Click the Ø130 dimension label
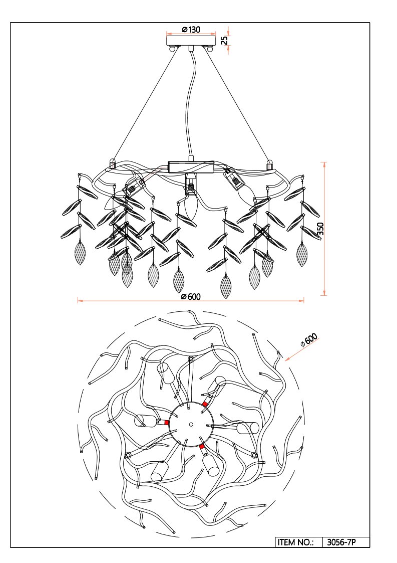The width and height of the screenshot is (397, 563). click(x=191, y=30)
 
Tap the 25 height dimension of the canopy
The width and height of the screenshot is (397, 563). click(x=224, y=40)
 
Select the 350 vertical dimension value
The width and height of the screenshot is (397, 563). click(x=320, y=229)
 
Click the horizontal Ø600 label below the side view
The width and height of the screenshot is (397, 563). click(x=191, y=297)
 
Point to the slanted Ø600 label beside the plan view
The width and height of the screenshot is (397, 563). click(x=309, y=340)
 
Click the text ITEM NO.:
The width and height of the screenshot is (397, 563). click(x=295, y=542)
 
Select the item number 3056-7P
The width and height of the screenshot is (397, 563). click(x=341, y=542)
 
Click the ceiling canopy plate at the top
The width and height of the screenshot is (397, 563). click(x=191, y=40)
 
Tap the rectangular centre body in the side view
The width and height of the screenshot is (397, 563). click(x=191, y=167)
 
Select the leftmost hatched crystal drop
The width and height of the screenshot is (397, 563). click(x=80, y=253)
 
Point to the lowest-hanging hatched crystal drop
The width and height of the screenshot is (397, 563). click(x=226, y=287)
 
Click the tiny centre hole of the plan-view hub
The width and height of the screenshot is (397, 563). click(x=191, y=424)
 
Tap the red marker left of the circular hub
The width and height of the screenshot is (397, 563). click(x=167, y=423)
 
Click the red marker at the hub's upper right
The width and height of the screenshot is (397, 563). click(x=205, y=404)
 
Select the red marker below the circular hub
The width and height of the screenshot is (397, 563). click(x=202, y=447)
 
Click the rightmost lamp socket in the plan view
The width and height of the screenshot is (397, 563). click(x=248, y=428)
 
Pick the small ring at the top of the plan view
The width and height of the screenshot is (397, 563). click(x=191, y=358)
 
